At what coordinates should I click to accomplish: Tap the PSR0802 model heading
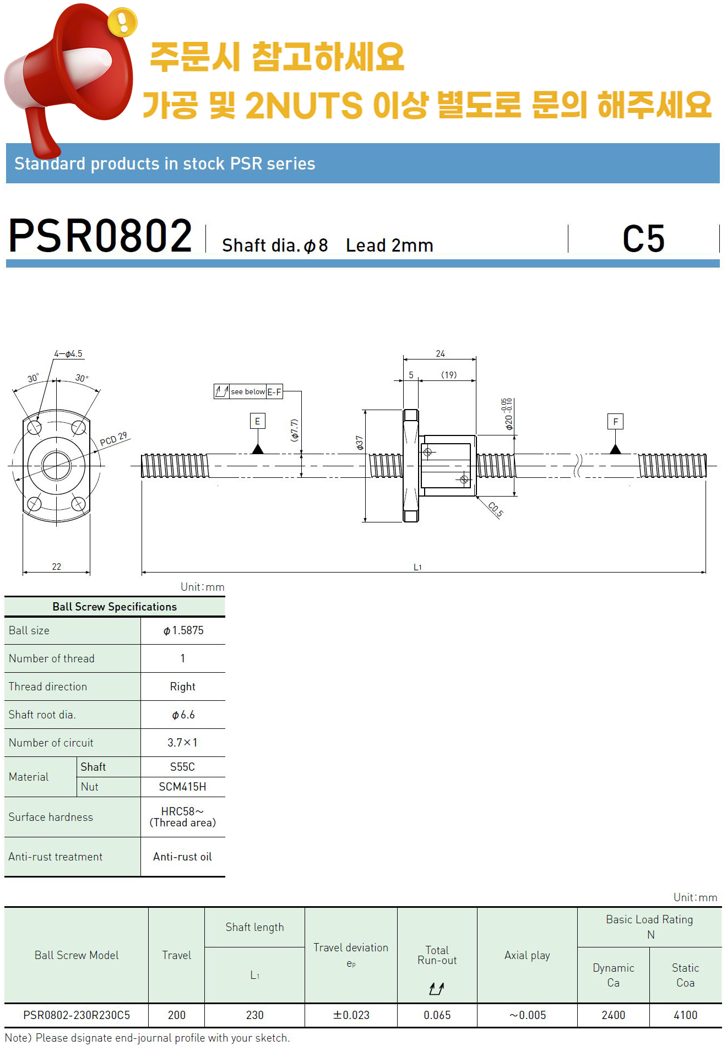point(100,236)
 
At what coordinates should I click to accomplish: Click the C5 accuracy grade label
point(643,239)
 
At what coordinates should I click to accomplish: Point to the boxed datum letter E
point(257,422)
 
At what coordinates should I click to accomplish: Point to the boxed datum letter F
point(615,422)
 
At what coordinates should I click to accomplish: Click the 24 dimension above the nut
point(440,354)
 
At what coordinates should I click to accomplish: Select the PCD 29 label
point(113,439)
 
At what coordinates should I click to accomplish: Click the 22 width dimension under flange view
point(57,566)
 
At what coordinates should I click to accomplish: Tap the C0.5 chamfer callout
point(495,510)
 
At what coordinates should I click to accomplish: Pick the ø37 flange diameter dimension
point(360,443)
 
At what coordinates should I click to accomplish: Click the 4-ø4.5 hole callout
point(68,354)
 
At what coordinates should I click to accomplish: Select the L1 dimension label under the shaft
point(417,567)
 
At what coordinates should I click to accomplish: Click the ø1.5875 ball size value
point(183,630)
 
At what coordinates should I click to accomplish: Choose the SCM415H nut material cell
point(182,787)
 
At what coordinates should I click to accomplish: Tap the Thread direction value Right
point(182,687)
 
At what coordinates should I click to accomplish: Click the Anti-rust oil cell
point(182,857)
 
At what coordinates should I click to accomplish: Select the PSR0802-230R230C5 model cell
point(77,1015)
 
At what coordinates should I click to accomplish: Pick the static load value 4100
point(685,1015)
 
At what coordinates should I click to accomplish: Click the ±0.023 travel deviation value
point(351,1015)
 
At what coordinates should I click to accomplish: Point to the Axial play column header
point(527,955)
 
